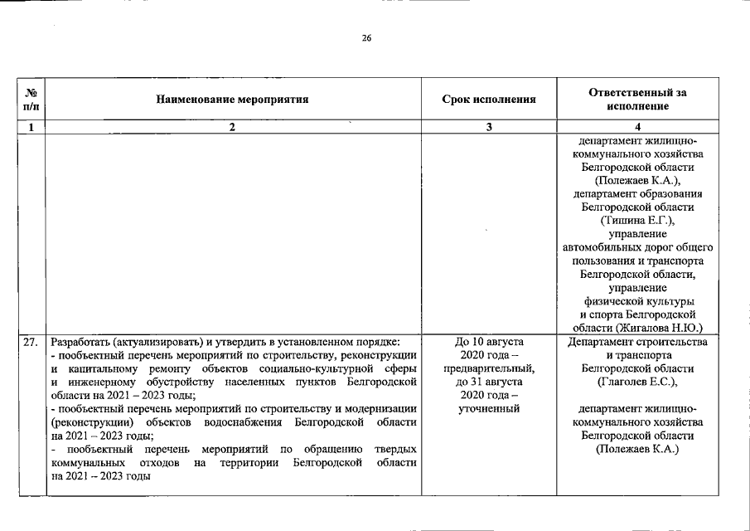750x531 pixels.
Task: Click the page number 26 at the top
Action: [366, 37]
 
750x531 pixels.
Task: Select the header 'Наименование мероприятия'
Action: [232, 100]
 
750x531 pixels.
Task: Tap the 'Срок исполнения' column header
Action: [489, 100]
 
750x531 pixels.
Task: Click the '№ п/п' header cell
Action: [31, 100]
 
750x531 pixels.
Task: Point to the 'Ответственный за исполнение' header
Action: [636, 100]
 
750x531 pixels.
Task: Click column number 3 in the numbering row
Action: [489, 127]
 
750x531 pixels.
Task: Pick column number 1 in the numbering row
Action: [31, 127]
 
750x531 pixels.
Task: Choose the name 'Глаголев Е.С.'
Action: [636, 382]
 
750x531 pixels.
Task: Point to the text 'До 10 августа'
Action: [489, 342]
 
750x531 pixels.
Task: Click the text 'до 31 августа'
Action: [489, 382]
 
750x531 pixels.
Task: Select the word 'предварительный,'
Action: [489, 368]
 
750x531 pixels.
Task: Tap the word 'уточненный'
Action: [489, 408]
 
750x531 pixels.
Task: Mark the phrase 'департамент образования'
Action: [636, 194]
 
